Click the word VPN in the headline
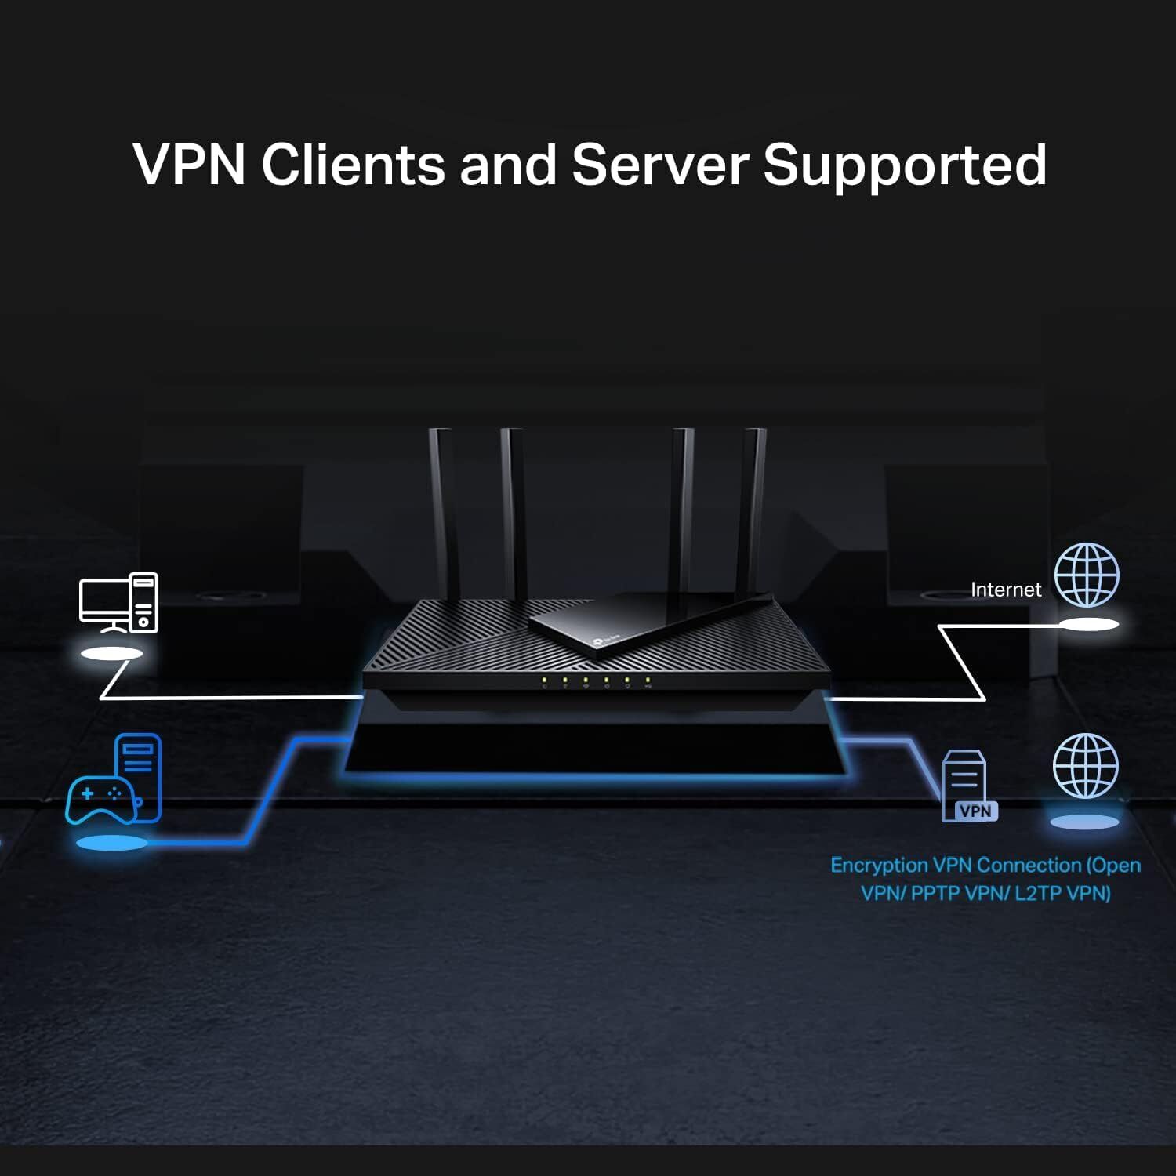[189, 165]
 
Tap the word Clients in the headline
[353, 165]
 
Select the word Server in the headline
[659, 165]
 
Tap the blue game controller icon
[100, 798]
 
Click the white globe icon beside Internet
[1087, 575]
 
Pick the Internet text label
[1006, 590]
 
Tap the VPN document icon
[967, 785]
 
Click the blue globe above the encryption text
[1086, 766]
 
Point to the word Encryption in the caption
[879, 866]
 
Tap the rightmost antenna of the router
[754, 510]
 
